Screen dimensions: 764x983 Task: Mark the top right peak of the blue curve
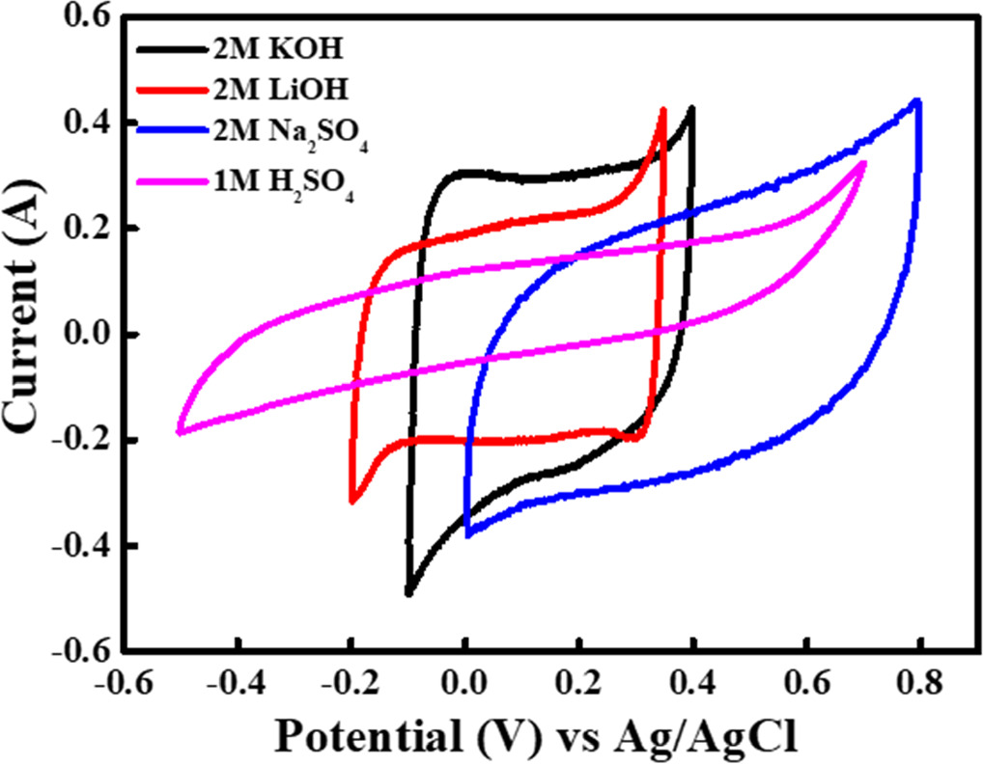916,101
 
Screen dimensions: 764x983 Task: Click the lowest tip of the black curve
409,593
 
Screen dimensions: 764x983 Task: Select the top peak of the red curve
663,110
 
